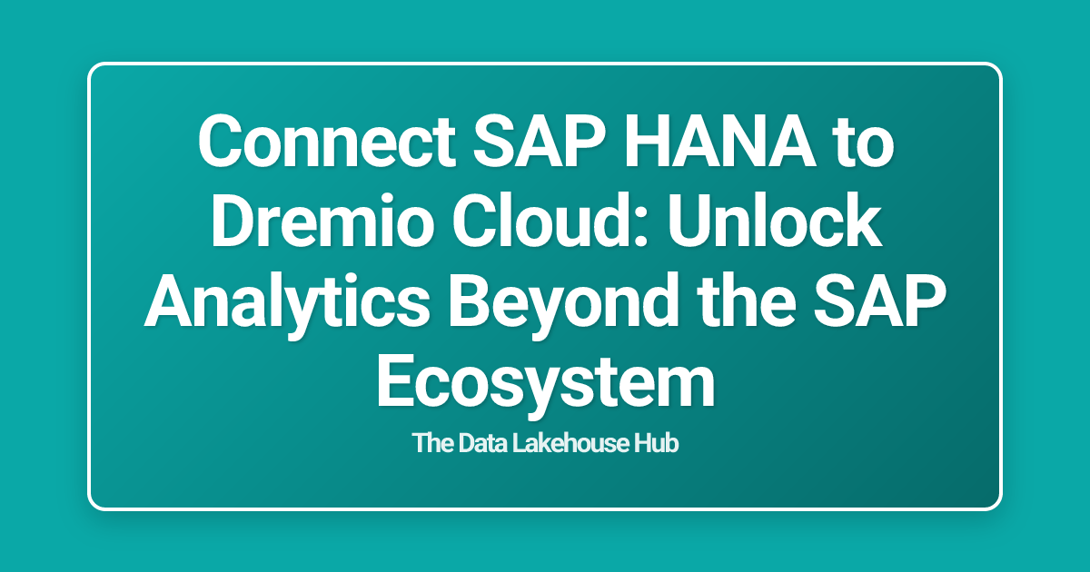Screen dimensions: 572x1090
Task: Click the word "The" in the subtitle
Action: pyautogui.click(x=431, y=445)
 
